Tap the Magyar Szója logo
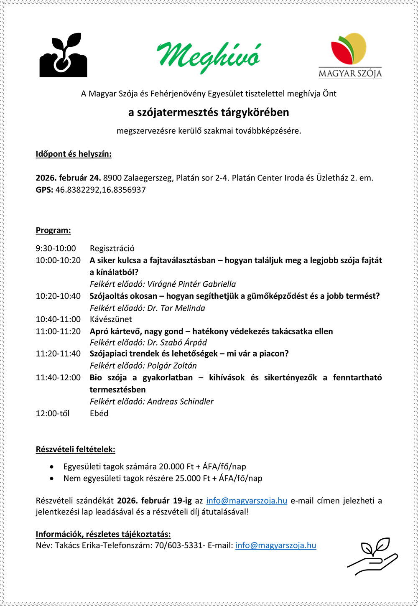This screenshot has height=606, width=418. pyautogui.click(x=350, y=56)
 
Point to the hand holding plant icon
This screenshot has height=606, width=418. pyautogui.click(x=372, y=555)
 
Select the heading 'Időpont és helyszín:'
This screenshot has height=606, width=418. pyautogui.click(x=74, y=154)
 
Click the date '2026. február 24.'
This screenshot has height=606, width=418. pyautogui.click(x=68, y=178)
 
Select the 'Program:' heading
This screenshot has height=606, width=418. pyautogui.click(x=53, y=230)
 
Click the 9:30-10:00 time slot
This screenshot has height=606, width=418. pyautogui.click(x=56, y=248)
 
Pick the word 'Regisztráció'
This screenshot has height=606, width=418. pyautogui.click(x=112, y=248)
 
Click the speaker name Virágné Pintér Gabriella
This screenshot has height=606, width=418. pyautogui.click(x=191, y=284)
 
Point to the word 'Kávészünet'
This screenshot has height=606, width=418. pyautogui.click(x=111, y=319)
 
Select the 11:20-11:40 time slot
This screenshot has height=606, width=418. pyautogui.click(x=58, y=354)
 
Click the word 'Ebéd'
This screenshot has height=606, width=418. pyautogui.click(x=99, y=413)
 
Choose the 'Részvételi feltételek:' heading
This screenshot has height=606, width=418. pyautogui.click(x=75, y=450)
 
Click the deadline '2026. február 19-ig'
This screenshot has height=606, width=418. pyautogui.click(x=154, y=500)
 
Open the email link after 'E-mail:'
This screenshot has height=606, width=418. pyautogui.click(x=275, y=545)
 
